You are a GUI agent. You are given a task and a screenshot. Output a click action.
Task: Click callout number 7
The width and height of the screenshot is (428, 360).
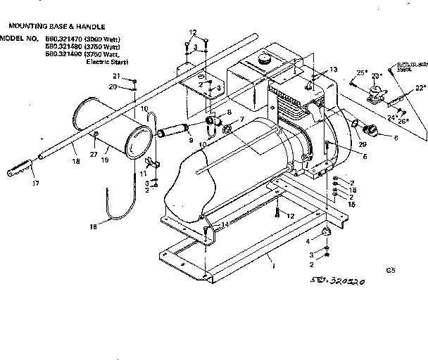[x=242, y=120]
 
